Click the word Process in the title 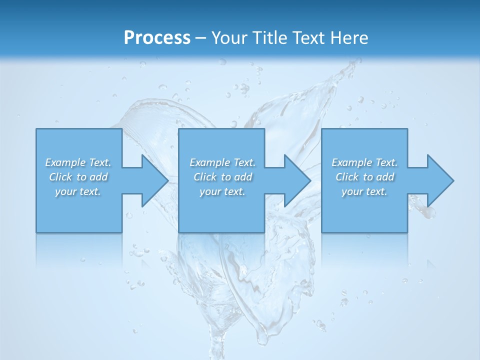pos(157,38)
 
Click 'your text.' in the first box pos(78,191)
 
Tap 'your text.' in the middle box pos(222,191)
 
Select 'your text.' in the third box pos(364,191)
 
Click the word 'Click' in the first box pos(60,177)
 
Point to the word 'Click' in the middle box pos(204,177)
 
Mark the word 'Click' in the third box pos(346,177)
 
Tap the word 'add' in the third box pos(385,177)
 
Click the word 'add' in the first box pos(99,177)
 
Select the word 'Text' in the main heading pos(307,38)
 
